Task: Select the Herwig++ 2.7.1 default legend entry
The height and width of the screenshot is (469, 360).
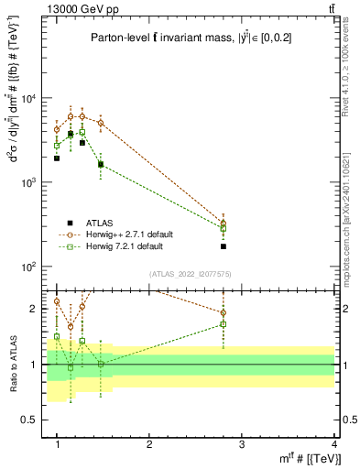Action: [125, 234]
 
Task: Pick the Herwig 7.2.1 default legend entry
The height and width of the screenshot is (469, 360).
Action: [124, 246]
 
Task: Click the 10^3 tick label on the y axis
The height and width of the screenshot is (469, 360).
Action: [30, 182]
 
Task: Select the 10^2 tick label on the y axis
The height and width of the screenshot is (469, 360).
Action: [30, 267]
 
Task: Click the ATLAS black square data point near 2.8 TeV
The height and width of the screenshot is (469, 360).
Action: [224, 246]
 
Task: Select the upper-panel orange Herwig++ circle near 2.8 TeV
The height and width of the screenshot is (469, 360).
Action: [224, 223]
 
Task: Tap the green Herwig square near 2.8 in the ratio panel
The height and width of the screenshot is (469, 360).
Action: [224, 324]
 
